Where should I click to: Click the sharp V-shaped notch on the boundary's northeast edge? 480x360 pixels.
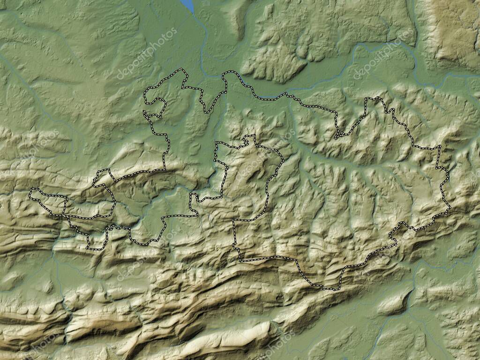[337, 137]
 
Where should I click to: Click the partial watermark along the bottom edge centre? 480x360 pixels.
[272, 347]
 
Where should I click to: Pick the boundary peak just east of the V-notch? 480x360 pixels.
[375, 98]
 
